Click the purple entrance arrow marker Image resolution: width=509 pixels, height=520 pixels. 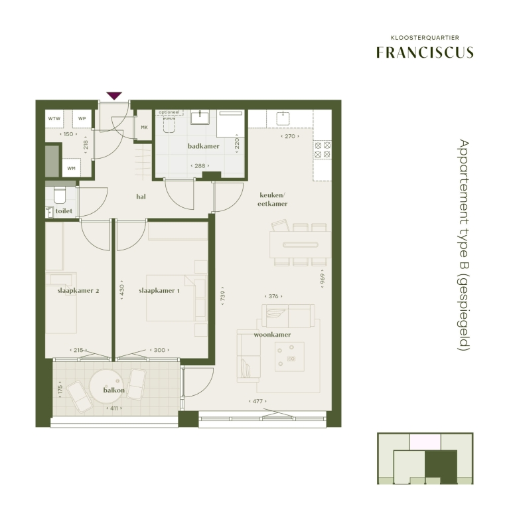click(114, 96)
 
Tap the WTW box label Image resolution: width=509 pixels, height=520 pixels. click(54, 118)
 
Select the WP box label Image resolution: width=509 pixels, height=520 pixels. click(82, 118)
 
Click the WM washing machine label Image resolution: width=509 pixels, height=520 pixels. click(71, 168)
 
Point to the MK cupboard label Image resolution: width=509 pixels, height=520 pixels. click(144, 128)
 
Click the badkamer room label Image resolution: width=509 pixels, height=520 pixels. click(204, 146)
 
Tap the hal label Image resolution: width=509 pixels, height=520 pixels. click(141, 197)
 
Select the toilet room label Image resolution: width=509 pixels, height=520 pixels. click(64, 211)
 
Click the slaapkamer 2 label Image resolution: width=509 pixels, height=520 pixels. click(78, 291)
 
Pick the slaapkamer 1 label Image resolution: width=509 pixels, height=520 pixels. click(159, 291)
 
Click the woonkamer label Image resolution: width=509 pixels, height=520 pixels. click(272, 335)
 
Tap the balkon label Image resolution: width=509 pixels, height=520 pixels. click(114, 390)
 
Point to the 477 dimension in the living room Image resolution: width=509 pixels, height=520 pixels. click(257, 401)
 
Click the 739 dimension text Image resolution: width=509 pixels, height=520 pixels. click(223, 296)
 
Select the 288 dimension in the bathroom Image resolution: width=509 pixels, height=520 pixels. click(200, 166)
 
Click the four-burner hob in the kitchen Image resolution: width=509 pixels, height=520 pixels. click(323, 150)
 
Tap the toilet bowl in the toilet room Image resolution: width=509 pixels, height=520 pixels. click(60, 195)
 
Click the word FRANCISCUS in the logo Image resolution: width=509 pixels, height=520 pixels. click(425, 52)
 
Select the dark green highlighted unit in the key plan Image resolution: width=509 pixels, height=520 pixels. click(441, 467)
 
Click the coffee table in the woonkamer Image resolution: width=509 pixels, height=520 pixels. click(289, 357)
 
